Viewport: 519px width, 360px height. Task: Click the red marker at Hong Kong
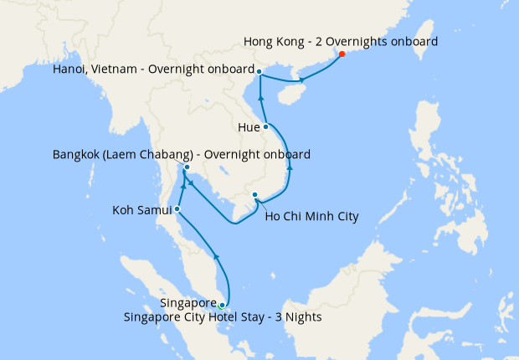342,54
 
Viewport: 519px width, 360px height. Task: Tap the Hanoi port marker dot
259,71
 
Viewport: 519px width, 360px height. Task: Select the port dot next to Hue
266,126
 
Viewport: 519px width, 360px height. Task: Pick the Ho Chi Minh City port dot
254,196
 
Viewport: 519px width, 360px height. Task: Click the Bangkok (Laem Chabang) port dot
187,167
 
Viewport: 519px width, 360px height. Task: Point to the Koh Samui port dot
177,209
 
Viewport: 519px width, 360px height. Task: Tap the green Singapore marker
222,305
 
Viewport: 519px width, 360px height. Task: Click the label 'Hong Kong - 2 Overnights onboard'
341,40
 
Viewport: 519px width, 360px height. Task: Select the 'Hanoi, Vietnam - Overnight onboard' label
152,69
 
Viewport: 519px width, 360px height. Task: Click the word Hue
249,128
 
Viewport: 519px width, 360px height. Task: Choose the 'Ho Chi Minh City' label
311,217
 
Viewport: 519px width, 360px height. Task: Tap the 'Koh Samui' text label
141,210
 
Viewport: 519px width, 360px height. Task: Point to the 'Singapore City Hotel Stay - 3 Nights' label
222,317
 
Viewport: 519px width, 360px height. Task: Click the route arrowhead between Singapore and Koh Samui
217,257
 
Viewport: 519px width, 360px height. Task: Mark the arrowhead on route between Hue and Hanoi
262,100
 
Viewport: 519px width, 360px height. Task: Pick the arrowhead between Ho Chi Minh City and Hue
290,167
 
